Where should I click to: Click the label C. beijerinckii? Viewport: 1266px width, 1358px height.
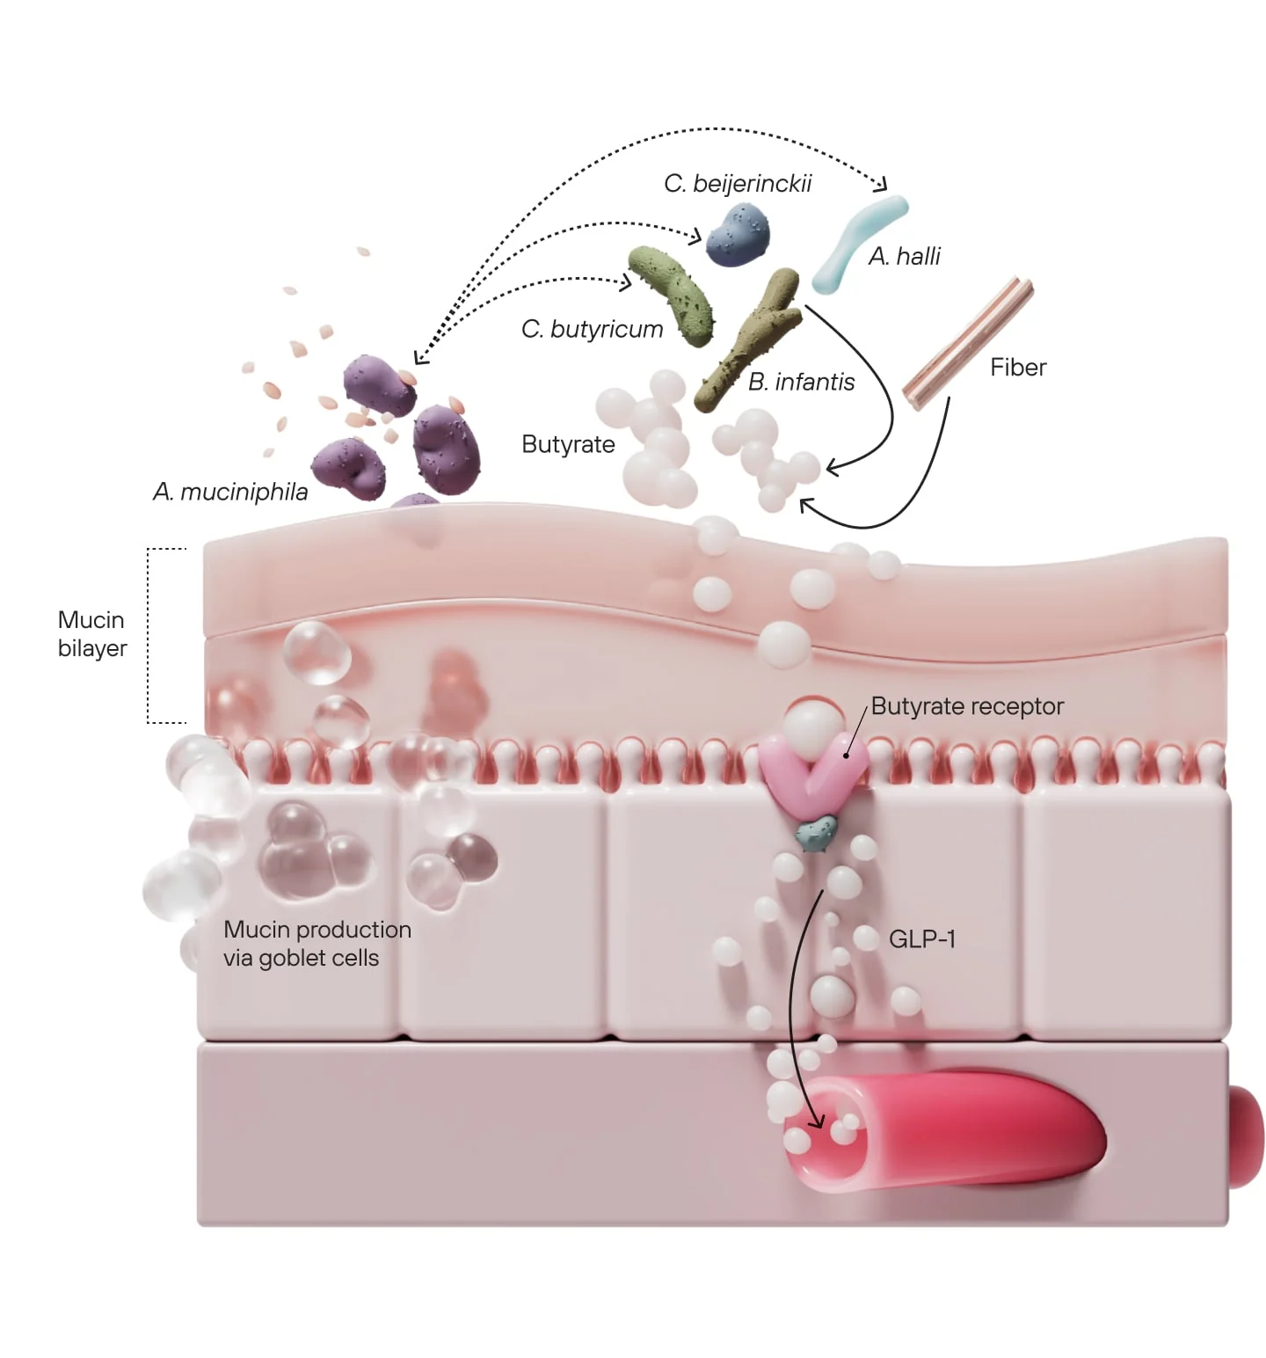[737, 184]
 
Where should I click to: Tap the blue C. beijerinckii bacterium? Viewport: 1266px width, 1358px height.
[738, 235]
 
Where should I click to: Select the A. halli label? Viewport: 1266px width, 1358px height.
[904, 256]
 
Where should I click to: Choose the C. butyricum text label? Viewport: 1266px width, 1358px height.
[592, 329]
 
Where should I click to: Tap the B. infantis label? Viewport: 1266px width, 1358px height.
[801, 382]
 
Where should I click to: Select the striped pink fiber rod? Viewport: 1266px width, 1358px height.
[967, 343]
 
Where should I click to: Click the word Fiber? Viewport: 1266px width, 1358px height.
[1017, 367]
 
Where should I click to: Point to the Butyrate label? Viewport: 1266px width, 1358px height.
[568, 444]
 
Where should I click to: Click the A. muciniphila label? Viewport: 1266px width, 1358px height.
[230, 492]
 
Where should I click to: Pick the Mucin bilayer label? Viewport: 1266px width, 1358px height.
[91, 634]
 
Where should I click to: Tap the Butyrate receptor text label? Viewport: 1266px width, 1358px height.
[967, 706]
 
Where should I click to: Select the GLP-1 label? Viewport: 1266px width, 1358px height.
[921, 939]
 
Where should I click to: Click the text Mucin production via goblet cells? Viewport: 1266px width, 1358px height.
[316, 944]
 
